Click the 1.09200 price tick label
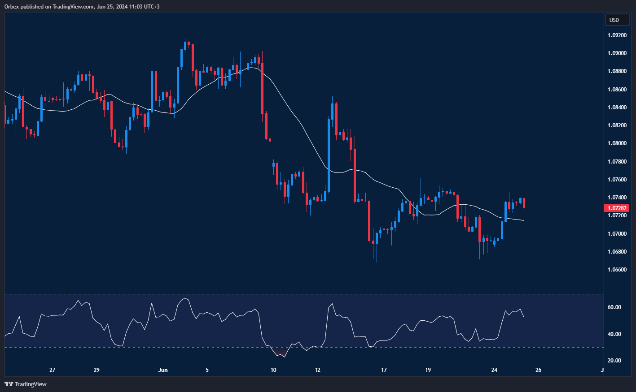617,35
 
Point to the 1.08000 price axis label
617,143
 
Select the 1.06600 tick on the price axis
617,270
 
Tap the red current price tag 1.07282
618,208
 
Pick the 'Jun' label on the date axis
163,370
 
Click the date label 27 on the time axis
53,370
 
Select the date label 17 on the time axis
384,370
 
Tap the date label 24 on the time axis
494,370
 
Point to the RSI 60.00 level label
614,307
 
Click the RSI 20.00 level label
614,361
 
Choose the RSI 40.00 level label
614,334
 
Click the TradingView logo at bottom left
26,384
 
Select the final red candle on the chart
524,203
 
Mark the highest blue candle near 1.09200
185,46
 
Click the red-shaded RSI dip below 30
281,353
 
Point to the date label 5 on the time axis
207,370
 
